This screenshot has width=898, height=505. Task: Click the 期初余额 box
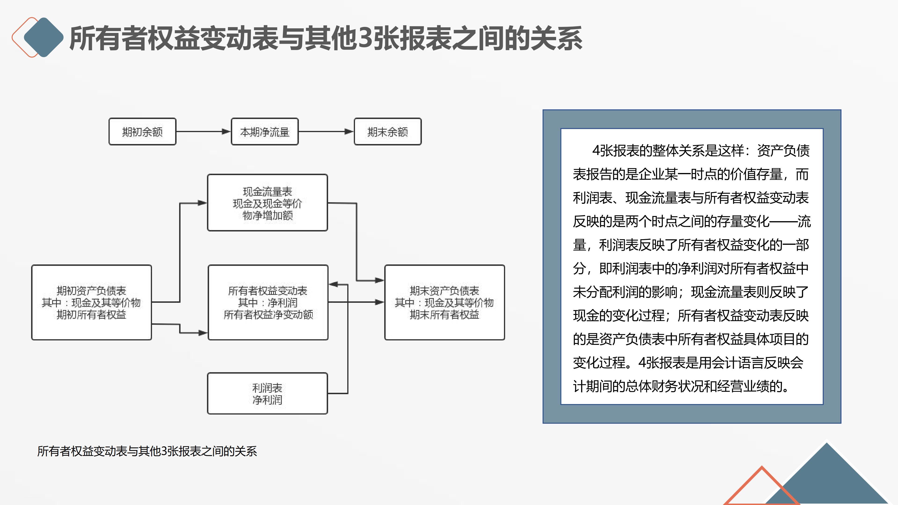pos(142,132)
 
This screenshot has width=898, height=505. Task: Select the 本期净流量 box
pos(264,132)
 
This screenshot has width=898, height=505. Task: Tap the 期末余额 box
pos(387,132)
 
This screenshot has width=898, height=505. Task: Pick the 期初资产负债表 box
pos(91,302)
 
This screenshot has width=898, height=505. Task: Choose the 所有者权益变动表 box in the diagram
pos(268,302)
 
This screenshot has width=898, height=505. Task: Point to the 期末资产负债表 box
pos(445,302)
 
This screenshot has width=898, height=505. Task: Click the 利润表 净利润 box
pos(267,393)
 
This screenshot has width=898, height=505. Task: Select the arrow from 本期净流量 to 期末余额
pos(326,132)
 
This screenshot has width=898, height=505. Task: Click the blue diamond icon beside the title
pos(43,37)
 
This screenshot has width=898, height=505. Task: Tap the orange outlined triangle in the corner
pos(762,488)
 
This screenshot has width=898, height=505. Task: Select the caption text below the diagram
pos(147,451)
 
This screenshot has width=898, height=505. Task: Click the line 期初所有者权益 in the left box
pos(91,315)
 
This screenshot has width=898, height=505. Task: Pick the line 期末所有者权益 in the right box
pos(445,315)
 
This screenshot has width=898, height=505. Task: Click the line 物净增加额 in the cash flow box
pos(267,215)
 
